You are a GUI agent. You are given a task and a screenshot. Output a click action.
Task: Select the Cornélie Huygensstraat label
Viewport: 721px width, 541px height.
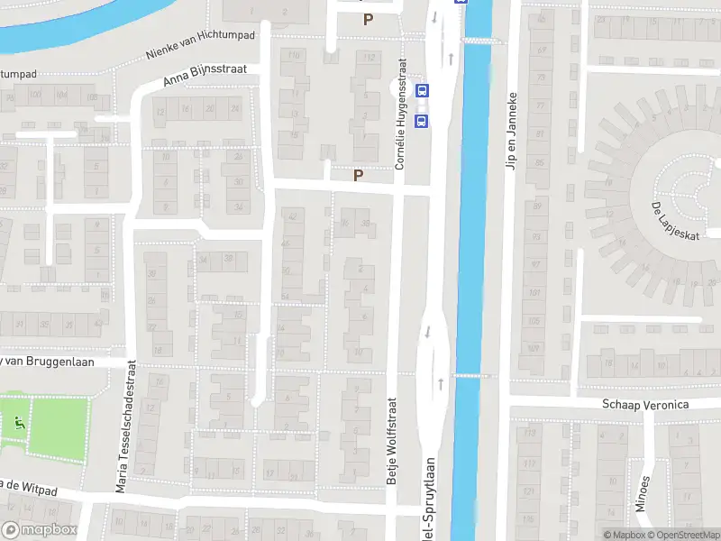(x=402, y=115)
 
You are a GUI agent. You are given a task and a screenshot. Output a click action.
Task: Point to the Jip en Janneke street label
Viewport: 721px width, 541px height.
(x=511, y=130)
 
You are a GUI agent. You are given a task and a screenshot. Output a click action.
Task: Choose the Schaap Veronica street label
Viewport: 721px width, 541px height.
(x=645, y=405)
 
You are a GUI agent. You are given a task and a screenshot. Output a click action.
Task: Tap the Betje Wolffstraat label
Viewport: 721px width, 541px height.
(x=392, y=441)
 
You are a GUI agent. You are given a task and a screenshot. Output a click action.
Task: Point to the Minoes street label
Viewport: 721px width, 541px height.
(x=642, y=492)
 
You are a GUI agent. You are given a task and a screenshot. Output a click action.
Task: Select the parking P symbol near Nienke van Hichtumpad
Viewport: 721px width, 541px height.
(x=367, y=19)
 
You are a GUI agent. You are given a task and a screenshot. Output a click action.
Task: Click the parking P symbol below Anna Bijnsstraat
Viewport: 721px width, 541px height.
(x=358, y=176)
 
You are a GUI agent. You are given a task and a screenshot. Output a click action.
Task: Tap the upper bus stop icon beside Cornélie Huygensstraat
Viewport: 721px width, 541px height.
(x=422, y=90)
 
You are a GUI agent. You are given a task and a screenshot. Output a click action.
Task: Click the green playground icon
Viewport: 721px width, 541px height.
(x=18, y=422)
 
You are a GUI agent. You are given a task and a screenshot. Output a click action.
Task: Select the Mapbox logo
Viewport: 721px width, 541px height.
(x=39, y=530)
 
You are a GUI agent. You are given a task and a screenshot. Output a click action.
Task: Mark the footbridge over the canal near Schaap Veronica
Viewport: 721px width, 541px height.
(x=469, y=375)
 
